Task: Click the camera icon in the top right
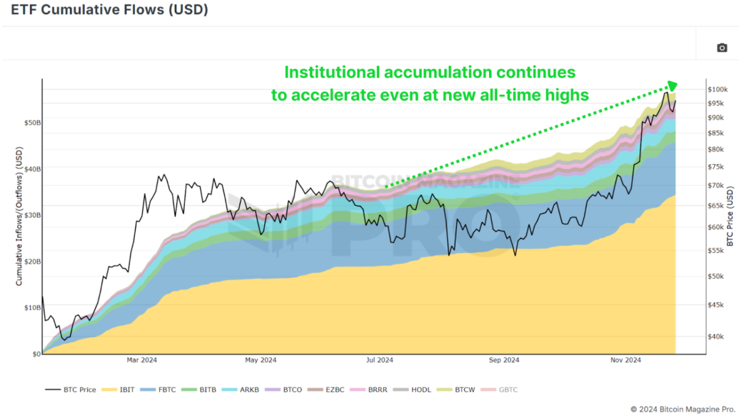coord(722,47)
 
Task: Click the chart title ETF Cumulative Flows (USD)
coord(109,10)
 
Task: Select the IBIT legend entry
coord(117,390)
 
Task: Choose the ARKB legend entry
coord(241,390)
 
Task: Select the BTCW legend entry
coord(457,390)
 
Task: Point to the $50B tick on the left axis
coord(32,123)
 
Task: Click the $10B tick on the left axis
coord(32,308)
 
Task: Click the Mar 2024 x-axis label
coord(141,360)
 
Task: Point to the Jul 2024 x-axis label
coord(379,360)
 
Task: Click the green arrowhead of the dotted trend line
coord(672,86)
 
